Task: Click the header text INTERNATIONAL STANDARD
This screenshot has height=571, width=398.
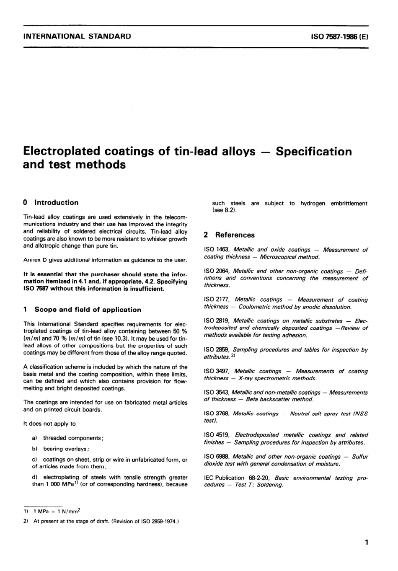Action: point(77,36)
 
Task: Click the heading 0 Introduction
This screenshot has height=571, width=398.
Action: point(51,203)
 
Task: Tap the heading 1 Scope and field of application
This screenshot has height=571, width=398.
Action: point(82,310)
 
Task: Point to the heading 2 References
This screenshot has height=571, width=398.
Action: point(229,235)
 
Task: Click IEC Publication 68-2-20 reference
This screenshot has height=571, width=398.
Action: point(236,478)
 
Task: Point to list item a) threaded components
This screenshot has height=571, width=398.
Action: point(68,438)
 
